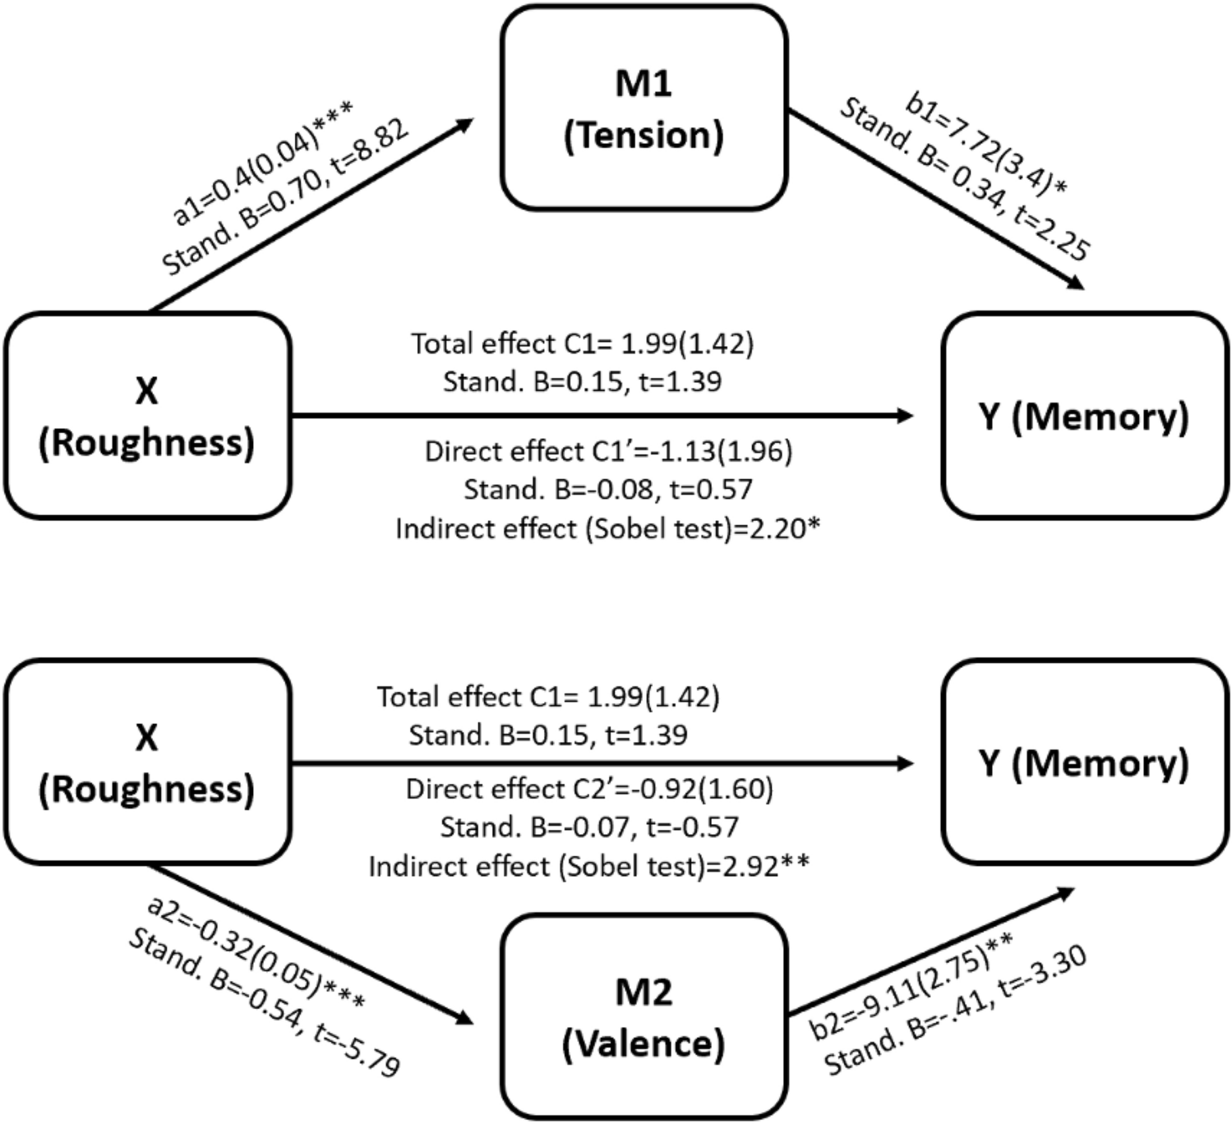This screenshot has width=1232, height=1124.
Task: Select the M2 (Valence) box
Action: coord(644,1017)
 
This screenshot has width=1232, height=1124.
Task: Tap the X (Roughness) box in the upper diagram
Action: coord(147,416)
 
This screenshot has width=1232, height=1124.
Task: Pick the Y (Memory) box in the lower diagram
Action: coord(1084,763)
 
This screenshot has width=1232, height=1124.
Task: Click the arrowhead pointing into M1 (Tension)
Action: coord(465,124)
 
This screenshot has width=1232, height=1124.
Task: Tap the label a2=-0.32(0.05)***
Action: coord(256,953)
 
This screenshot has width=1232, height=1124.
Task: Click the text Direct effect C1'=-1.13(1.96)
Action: coord(608,451)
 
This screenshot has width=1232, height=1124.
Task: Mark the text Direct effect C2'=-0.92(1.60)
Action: coord(589,789)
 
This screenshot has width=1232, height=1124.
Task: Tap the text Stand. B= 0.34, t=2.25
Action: coord(962,182)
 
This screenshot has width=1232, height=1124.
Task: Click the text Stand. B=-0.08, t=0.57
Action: coord(608,490)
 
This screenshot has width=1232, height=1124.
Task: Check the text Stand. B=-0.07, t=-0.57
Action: coord(589,827)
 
